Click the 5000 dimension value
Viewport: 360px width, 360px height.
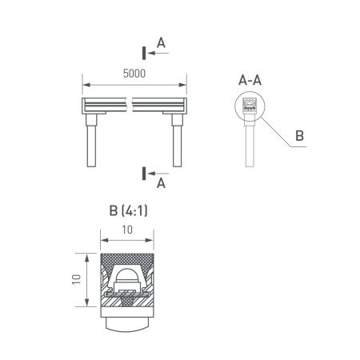tap(134, 73)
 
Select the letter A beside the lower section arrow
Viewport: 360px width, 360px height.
tap(161, 183)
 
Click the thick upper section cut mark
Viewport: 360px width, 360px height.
tap(144, 53)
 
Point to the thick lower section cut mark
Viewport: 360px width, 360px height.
tap(144, 173)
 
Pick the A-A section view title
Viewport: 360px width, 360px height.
tap(250, 80)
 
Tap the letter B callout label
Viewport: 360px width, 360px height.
tap(298, 137)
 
